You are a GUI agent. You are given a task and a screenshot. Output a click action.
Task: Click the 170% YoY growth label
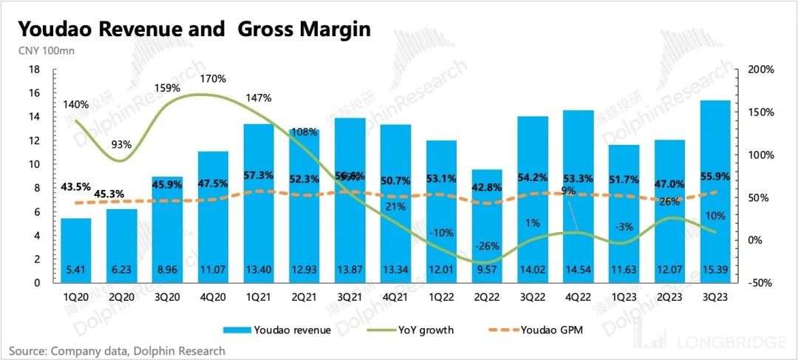pyautogui.click(x=213, y=78)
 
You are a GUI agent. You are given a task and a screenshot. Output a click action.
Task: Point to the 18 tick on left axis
pyautogui.click(x=34, y=69)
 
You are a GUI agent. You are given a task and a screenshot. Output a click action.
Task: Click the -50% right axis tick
pyautogui.click(x=759, y=283)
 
